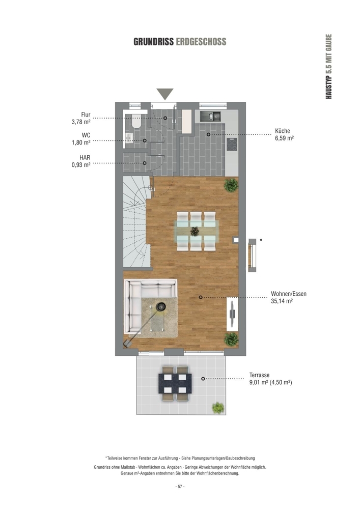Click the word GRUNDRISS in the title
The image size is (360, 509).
pyautogui.click(x=154, y=42)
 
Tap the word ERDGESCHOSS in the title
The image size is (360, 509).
pyautogui.click(x=201, y=42)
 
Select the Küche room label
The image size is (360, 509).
pyautogui.click(x=283, y=131)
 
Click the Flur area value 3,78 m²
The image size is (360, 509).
pyautogui.click(x=81, y=122)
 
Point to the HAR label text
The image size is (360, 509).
pyautogui.click(x=85, y=157)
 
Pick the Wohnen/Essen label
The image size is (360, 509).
pyautogui.click(x=289, y=294)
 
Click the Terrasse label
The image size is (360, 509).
pyautogui.click(x=259, y=375)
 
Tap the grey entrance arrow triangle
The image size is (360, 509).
pyautogui.click(x=165, y=94)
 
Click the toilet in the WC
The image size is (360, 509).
pyautogui.click(x=136, y=122)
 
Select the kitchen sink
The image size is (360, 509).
pyautogui.click(x=210, y=116)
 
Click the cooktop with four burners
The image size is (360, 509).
pyautogui.click(x=232, y=144)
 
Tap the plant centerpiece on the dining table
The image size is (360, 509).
pyautogui.click(x=195, y=232)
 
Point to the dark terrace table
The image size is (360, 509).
pyautogui.click(x=175, y=383)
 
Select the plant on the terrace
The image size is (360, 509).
pyautogui.click(x=218, y=408)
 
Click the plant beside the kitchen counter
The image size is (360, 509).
pyautogui.click(x=231, y=185)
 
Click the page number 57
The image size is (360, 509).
pyautogui.click(x=180, y=487)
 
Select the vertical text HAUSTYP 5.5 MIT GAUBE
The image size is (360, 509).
pyautogui.click(x=329, y=66)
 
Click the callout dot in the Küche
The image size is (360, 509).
pyautogui.click(x=208, y=134)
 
